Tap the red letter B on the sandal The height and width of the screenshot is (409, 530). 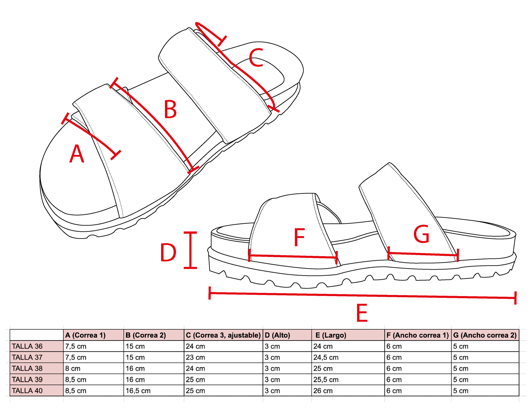(170, 109)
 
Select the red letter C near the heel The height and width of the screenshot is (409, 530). (256, 57)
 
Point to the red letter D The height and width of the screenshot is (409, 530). (168, 252)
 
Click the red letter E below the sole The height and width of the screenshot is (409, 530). (362, 313)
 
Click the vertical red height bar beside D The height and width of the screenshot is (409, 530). (191, 250)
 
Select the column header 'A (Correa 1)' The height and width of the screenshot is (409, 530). (85, 335)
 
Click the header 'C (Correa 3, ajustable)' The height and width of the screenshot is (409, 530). (223, 335)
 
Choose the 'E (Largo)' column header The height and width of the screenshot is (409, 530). (331, 335)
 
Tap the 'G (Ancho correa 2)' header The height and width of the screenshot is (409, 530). (485, 335)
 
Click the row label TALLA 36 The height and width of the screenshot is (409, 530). (27, 346)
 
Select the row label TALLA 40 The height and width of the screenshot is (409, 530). (27, 391)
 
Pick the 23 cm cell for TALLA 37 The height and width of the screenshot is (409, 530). (195, 358)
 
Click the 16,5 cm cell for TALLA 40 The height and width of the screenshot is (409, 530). (138, 391)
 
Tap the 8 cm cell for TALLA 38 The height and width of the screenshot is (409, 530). (73, 369)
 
